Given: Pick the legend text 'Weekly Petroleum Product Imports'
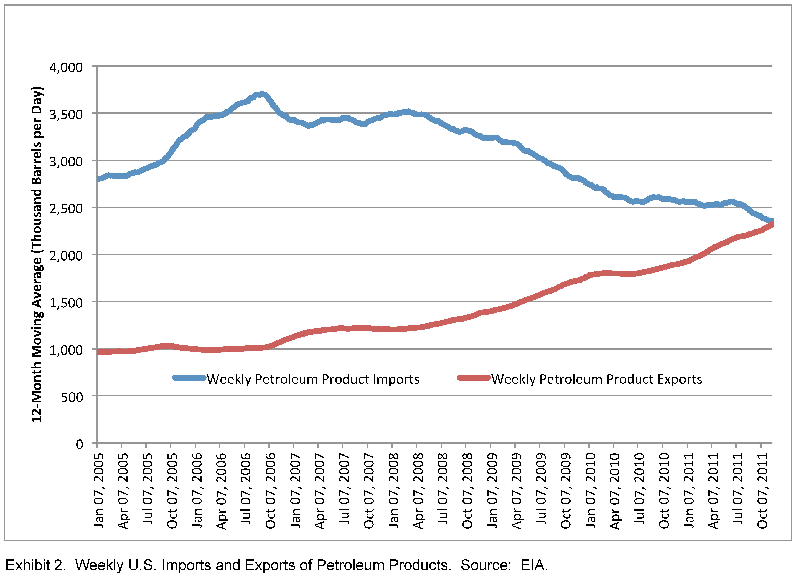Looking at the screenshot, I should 313,379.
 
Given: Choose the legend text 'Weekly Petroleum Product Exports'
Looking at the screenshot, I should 596,379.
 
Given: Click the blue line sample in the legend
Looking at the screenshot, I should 189,378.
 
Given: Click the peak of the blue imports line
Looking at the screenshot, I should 261,94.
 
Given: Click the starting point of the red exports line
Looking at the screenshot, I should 98,352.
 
